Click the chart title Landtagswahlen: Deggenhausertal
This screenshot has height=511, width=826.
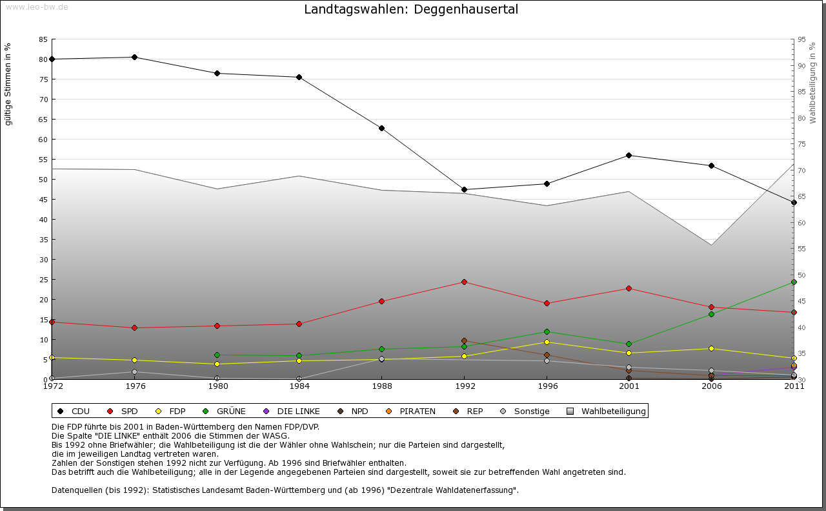(411, 10)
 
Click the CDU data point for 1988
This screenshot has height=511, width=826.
(382, 128)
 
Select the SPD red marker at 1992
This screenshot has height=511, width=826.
(464, 282)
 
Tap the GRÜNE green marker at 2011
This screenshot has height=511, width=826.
(794, 282)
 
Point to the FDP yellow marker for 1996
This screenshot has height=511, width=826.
(547, 342)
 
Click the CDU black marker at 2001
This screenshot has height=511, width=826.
(629, 155)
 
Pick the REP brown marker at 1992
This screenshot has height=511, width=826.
(464, 340)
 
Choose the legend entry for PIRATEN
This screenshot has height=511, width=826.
(417, 411)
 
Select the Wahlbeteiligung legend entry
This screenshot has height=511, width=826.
(613, 411)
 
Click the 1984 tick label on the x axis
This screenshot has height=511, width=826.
(299, 387)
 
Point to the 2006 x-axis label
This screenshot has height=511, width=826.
(711, 387)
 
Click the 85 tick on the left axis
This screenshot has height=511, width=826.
(43, 39)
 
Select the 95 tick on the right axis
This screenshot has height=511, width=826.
(801, 39)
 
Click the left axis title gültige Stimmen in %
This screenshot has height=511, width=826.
(8, 84)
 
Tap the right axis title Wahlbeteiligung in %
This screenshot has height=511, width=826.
(812, 83)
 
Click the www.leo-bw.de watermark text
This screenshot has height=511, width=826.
(37, 6)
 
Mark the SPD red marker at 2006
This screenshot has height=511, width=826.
(711, 307)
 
